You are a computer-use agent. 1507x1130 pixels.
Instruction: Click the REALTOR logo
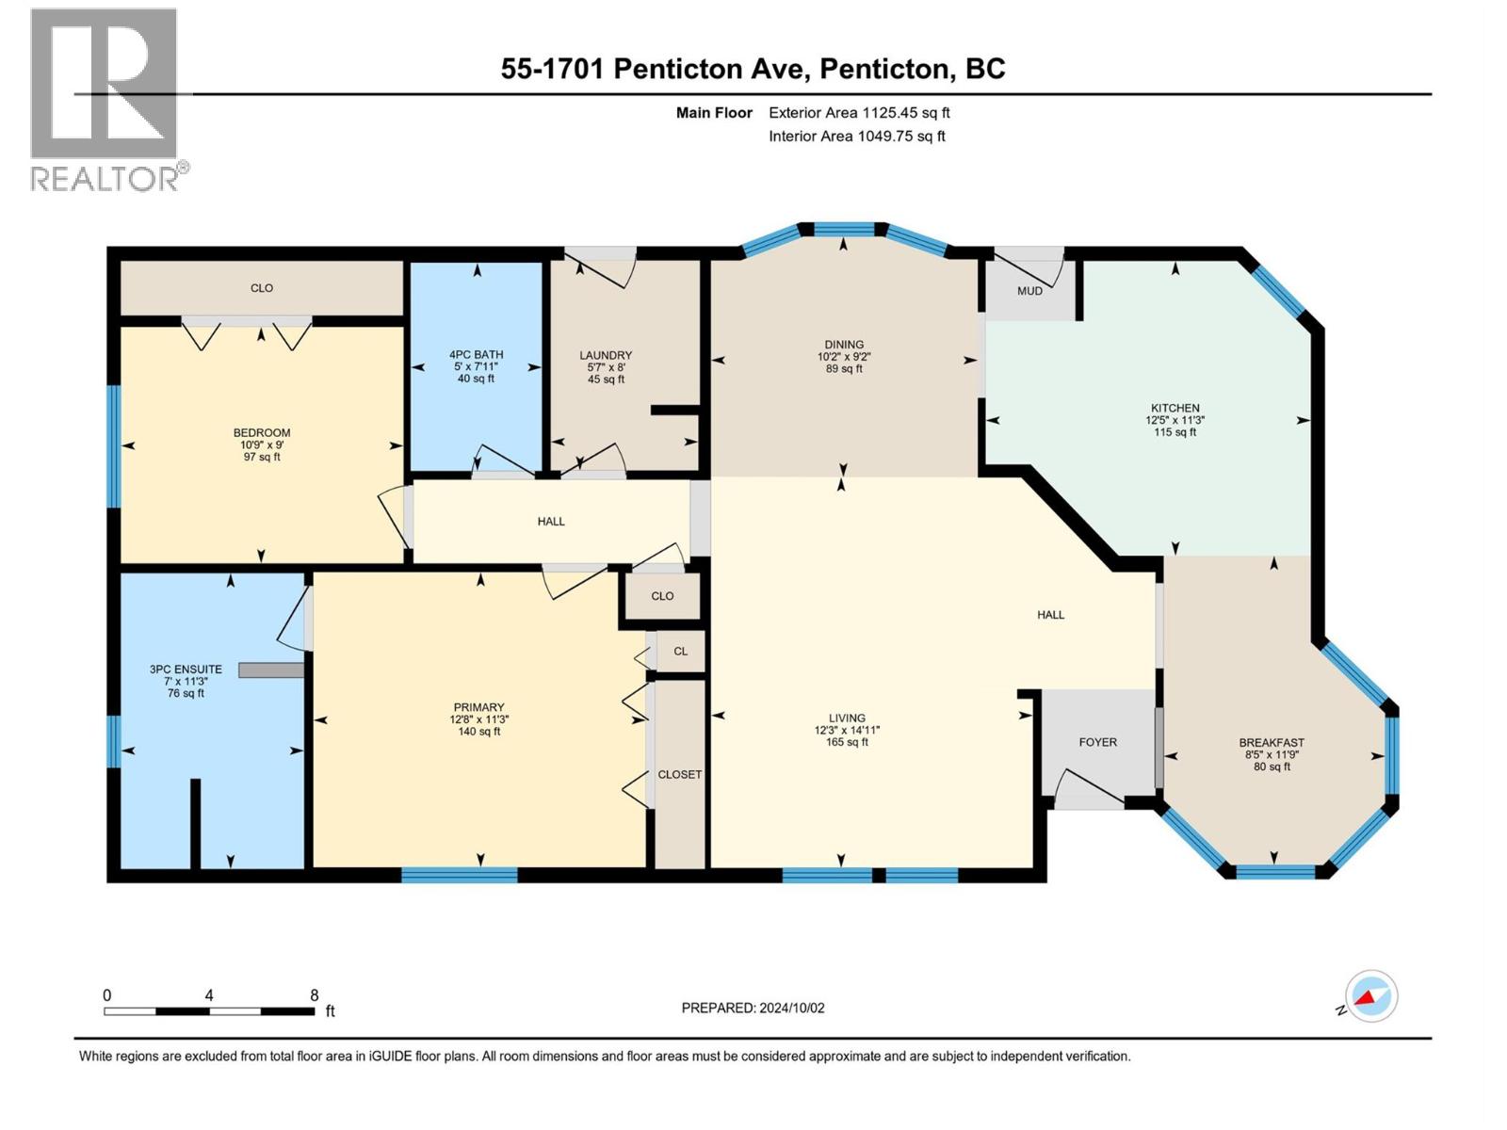(107, 100)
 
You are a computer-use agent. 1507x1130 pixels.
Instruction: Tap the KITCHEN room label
(1175, 408)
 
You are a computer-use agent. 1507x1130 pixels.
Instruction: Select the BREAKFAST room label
(1272, 742)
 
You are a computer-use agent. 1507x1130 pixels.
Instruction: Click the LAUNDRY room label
(606, 355)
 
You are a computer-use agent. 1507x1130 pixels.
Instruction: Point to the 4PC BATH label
(476, 354)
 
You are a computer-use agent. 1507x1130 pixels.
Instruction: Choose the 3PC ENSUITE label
(186, 669)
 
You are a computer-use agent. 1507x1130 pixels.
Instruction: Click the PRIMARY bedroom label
(478, 706)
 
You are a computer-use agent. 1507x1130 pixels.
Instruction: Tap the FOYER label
(1098, 742)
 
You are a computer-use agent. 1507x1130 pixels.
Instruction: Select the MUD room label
(1029, 291)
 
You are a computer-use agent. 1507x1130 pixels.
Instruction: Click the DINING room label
(845, 345)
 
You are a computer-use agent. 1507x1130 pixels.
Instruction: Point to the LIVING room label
(847, 718)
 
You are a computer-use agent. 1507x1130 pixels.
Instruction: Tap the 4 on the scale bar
(209, 995)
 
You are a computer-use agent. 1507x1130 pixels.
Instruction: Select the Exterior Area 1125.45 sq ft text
(860, 112)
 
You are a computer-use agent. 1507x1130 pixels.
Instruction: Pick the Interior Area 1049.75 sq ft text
(857, 136)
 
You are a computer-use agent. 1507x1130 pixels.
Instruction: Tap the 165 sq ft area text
(847, 742)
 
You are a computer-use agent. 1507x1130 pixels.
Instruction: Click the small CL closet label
(680, 651)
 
